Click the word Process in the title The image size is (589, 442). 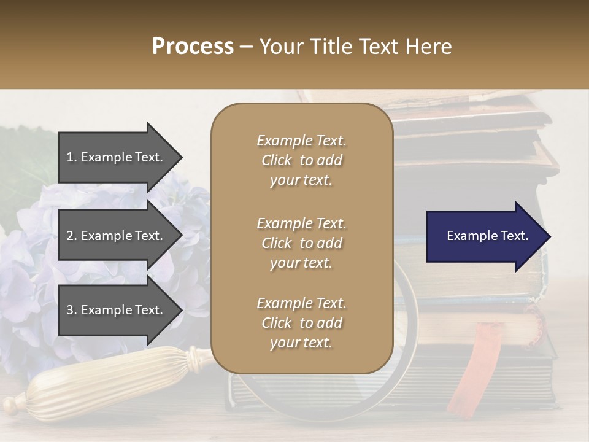point(193,47)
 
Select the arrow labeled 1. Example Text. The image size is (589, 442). point(117,157)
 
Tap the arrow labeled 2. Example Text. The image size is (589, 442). point(117,236)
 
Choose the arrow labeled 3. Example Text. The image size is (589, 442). point(117,310)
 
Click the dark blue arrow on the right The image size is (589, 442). point(485,236)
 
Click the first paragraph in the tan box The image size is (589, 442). point(301,160)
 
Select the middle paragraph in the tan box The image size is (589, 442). point(301,243)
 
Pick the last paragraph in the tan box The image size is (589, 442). point(301,323)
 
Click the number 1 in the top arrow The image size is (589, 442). point(70,157)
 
